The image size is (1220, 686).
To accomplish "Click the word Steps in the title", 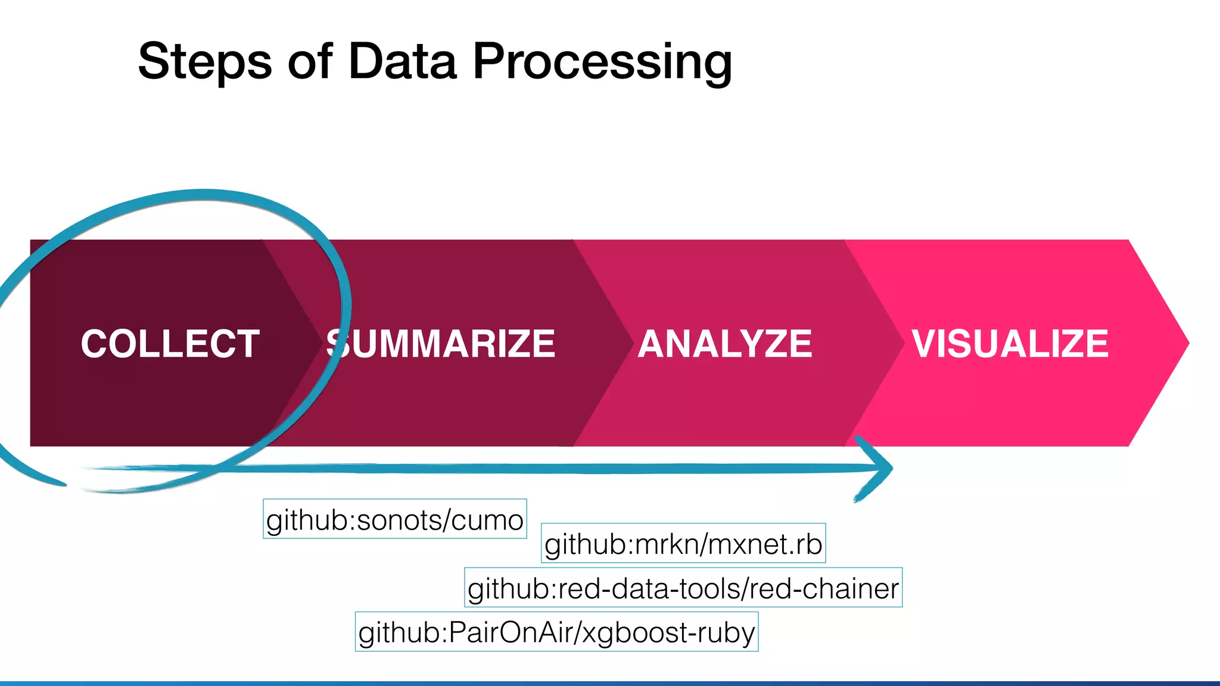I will pos(204,61).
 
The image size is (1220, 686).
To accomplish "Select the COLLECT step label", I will pos(170,344).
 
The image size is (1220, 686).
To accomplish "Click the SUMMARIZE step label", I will pos(441,344).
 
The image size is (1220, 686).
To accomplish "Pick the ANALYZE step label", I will pos(725,344).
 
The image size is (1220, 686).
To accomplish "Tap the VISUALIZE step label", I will pos(1010,344).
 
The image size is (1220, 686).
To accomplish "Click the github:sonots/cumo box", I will pos(394,519).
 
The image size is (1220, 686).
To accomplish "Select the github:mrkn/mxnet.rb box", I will pos(683,544).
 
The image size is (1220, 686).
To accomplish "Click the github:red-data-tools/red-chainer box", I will pos(683,588).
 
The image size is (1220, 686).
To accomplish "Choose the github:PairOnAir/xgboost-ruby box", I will pos(556,632).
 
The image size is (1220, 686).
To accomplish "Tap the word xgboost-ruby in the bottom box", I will pos(668,632).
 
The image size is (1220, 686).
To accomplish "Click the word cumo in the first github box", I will pos(487,520).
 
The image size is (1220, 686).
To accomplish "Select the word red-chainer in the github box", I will pos(823,588).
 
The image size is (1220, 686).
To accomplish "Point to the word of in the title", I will pos(310,61).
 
